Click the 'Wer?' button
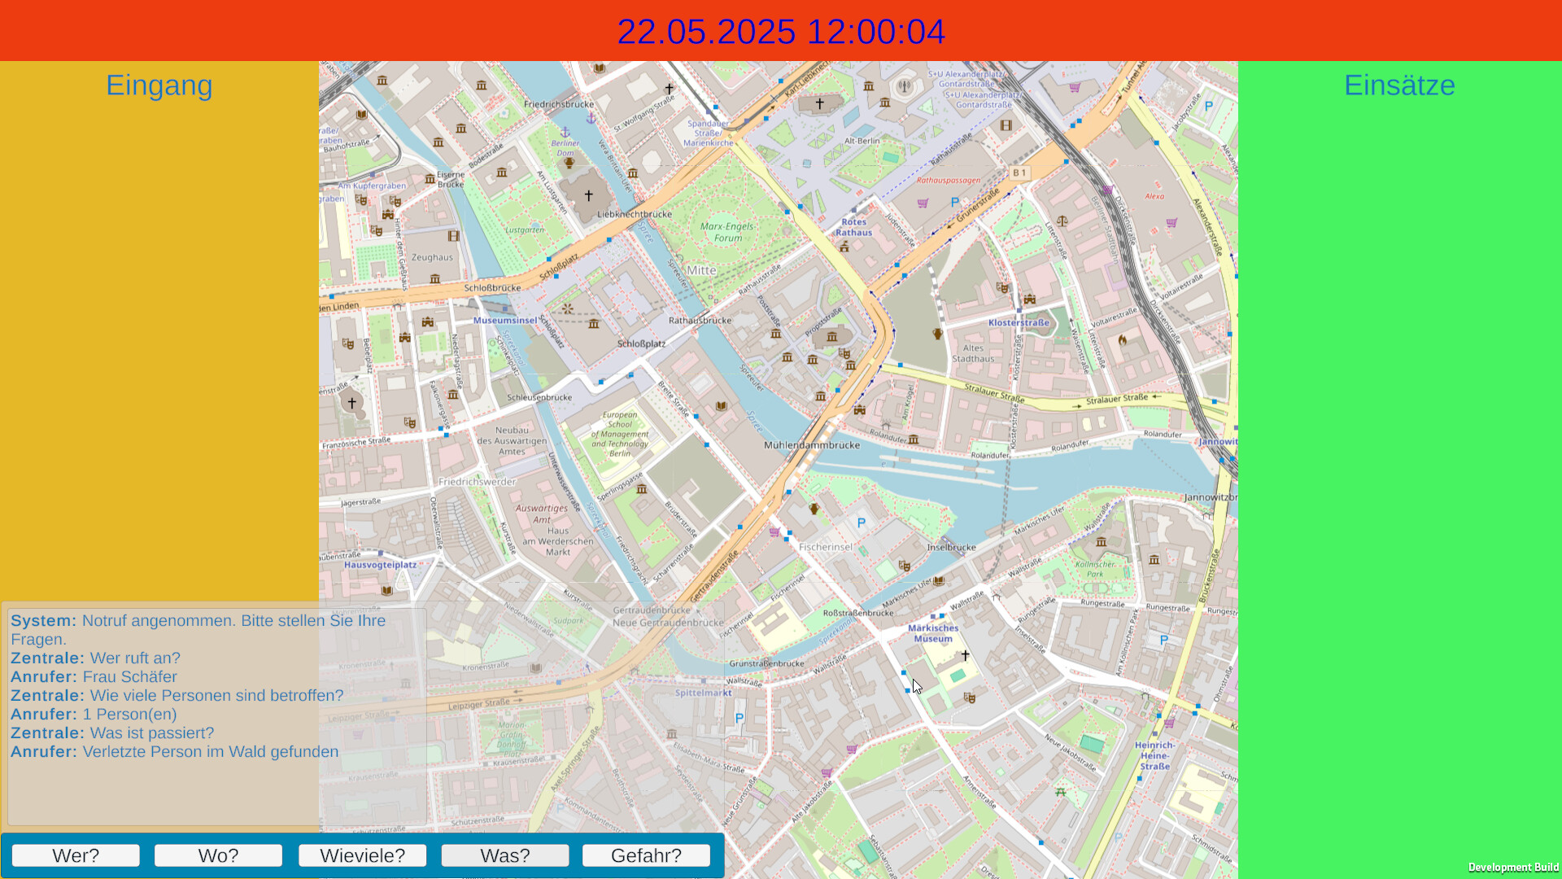point(76,855)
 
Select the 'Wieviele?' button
point(362,855)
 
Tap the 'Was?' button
point(505,855)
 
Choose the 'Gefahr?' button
point(646,855)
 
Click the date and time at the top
point(781,32)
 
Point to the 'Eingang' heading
point(159,85)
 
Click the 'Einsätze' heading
point(1399,85)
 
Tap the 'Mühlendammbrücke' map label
point(812,445)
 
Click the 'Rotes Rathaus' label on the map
point(853,227)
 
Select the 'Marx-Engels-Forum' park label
point(727,232)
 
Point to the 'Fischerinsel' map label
point(826,547)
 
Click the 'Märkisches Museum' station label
point(933,633)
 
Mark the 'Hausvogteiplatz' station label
point(380,565)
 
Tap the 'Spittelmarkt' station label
point(704,693)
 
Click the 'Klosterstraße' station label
point(1019,323)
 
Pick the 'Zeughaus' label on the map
point(432,257)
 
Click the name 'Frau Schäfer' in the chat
point(129,677)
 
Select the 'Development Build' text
point(1513,868)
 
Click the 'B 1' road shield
point(1019,173)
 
